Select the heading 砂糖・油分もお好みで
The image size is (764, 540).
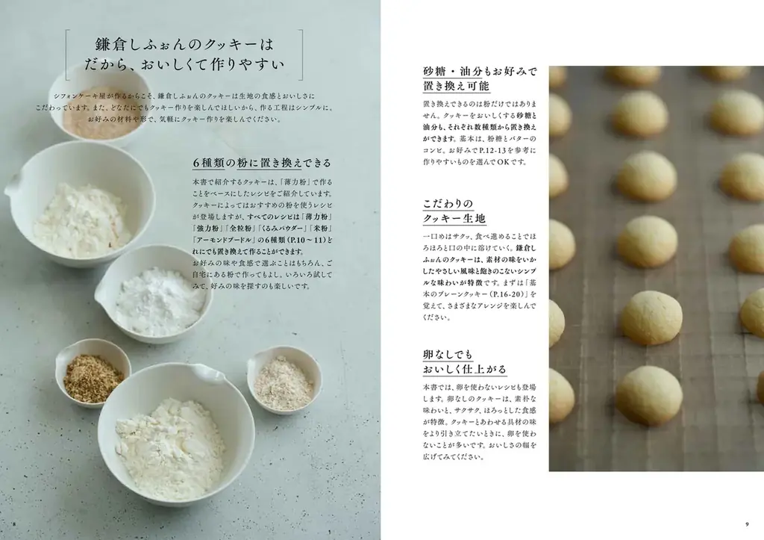click(480, 72)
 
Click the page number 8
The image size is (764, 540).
click(13, 522)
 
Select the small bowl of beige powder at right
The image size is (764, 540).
click(284, 380)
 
